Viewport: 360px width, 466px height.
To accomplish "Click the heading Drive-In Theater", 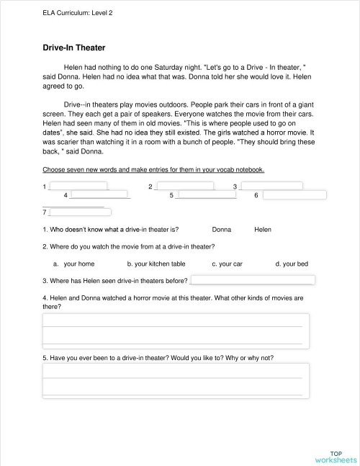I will [74, 48].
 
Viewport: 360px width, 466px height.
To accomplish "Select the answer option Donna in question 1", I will [222, 229].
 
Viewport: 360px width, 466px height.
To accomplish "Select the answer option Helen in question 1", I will [263, 229].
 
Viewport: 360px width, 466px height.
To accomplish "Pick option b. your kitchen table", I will [156, 264].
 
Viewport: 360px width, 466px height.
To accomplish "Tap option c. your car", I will [227, 264].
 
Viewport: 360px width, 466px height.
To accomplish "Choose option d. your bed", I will [292, 264].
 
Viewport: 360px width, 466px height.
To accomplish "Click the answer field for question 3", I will [252, 280].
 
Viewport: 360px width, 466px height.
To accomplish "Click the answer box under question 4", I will [176, 330].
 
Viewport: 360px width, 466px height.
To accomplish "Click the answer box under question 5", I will [176, 380].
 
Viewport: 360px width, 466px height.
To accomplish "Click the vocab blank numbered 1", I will [78, 187].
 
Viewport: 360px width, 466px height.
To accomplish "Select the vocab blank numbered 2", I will [184, 187].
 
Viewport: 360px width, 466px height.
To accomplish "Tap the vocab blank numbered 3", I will [271, 187].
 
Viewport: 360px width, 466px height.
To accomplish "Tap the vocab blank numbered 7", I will [78, 212].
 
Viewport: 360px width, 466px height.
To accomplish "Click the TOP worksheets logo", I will [335, 456].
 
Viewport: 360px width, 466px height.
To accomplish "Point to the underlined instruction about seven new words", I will [153, 170].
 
